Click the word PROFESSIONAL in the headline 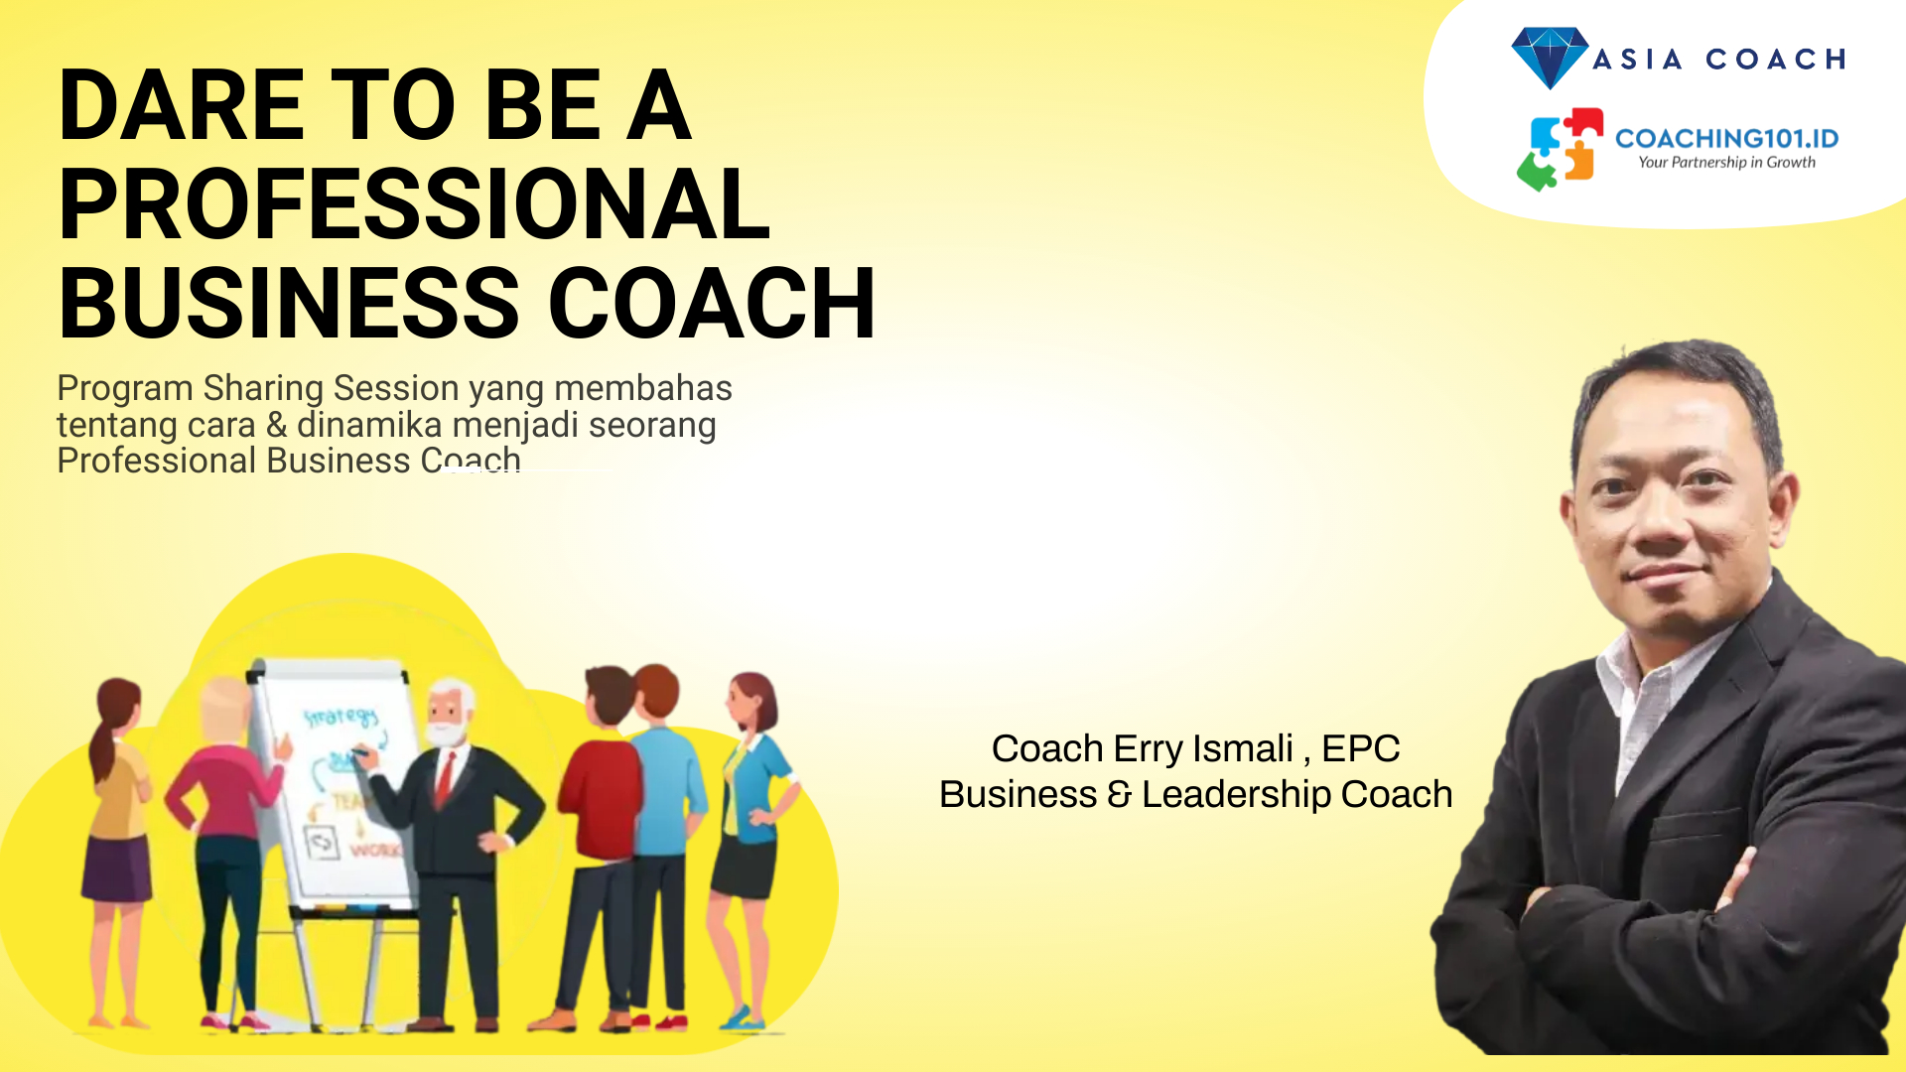415,204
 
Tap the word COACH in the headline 712,304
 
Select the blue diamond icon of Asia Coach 1550,58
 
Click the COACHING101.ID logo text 1727,138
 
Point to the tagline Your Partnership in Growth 1726,163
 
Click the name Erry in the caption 1148,748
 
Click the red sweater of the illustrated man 598,799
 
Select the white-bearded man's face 448,714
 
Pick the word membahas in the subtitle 643,388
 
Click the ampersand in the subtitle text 277,425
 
